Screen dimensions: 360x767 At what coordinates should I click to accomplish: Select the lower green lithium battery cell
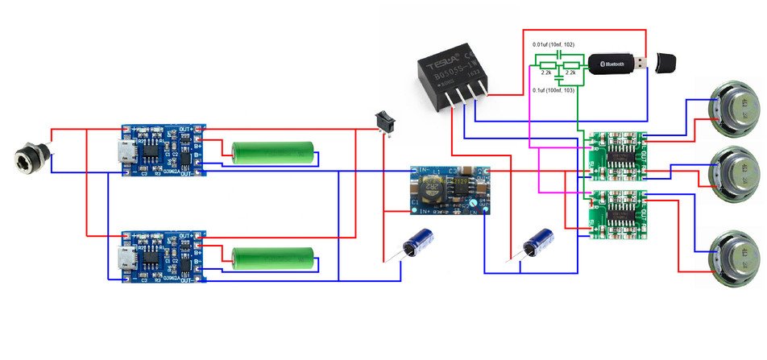272,258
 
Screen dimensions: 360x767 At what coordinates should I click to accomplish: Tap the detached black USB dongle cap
665,62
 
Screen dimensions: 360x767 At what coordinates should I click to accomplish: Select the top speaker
728,109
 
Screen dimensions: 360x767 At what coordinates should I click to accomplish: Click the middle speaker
730,170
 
